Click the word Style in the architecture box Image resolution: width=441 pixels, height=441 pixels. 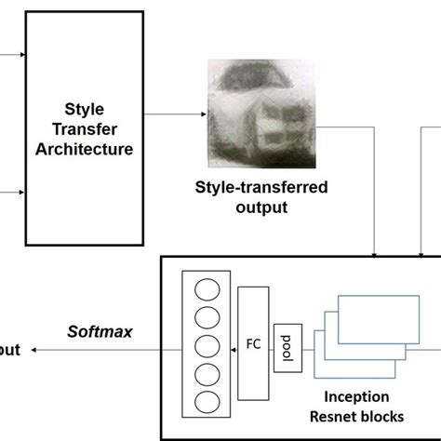click(85, 109)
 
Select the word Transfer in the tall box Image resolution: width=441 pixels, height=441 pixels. click(85, 128)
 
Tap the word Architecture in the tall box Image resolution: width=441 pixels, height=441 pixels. click(85, 148)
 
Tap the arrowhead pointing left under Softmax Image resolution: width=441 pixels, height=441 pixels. click(34, 351)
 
